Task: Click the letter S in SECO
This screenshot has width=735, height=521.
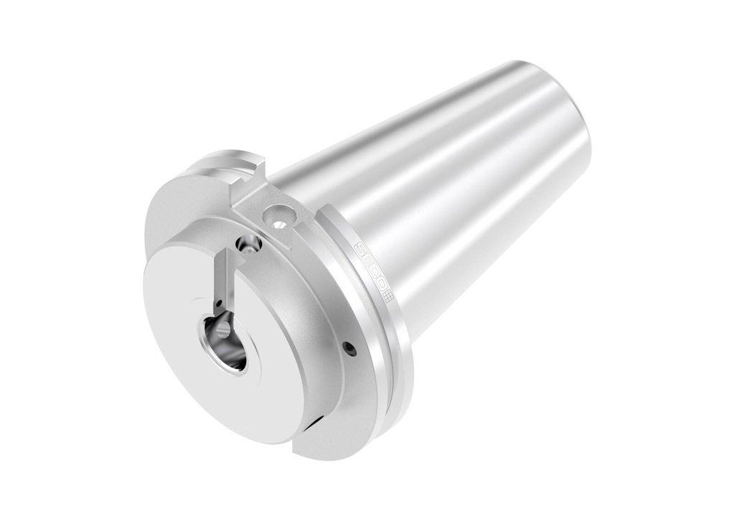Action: click(x=360, y=249)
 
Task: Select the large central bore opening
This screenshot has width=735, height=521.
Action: click(x=224, y=340)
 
